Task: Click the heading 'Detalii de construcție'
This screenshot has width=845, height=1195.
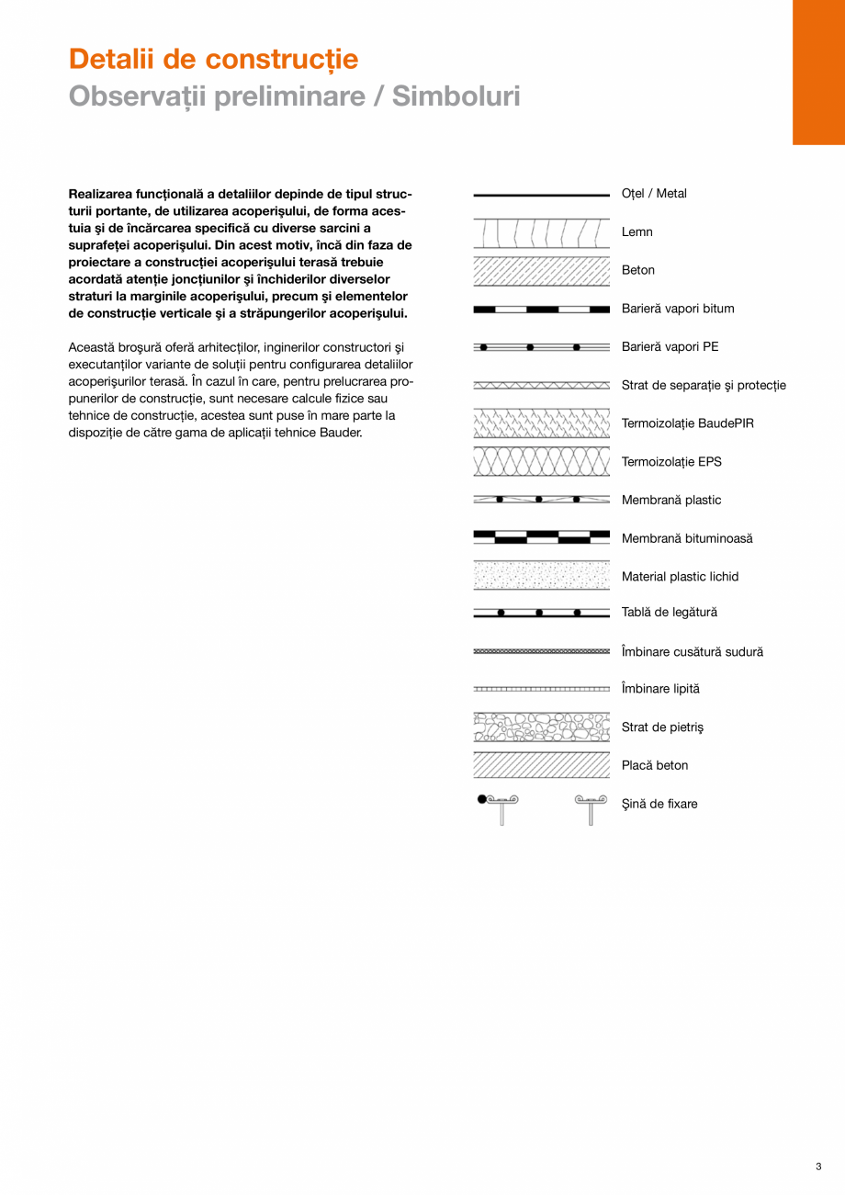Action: [x=213, y=60]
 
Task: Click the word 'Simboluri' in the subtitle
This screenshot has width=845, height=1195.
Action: [x=456, y=96]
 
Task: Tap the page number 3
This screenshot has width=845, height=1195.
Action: [x=817, y=1167]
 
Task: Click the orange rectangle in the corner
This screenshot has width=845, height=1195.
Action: [x=818, y=72]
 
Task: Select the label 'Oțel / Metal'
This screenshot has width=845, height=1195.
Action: [x=654, y=194]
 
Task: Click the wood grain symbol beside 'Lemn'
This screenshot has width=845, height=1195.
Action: [x=542, y=233]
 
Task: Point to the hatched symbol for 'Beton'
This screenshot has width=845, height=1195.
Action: [x=542, y=271]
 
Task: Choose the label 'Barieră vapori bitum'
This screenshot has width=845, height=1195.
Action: [x=678, y=309]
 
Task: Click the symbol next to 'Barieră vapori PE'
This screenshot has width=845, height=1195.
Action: [x=542, y=347]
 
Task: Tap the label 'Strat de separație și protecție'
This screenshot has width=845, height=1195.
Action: [x=704, y=386]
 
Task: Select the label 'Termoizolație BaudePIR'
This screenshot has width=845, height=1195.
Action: [x=687, y=424]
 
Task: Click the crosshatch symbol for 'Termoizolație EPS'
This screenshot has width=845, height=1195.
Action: [x=542, y=462]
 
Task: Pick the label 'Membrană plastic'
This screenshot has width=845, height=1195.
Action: [x=671, y=501]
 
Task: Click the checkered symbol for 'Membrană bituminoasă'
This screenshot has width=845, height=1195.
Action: [x=542, y=537]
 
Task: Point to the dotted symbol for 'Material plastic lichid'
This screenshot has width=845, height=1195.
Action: [x=542, y=576]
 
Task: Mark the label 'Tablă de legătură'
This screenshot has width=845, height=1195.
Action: [x=670, y=613]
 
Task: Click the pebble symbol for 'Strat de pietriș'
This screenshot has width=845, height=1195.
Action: [x=542, y=727]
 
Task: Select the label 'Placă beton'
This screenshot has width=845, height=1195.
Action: [x=655, y=766]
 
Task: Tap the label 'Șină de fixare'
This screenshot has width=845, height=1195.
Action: [x=659, y=805]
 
